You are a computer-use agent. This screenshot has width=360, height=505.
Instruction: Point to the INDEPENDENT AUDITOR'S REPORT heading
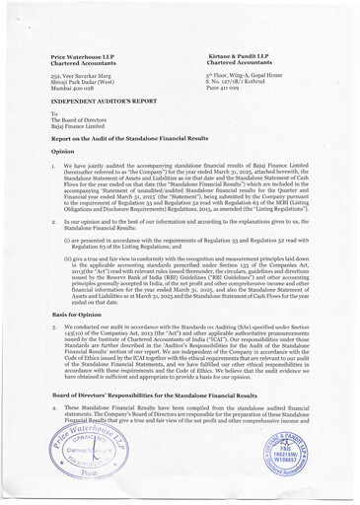pos(104,101)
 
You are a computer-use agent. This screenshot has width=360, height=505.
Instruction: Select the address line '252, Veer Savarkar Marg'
pos(87,75)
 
